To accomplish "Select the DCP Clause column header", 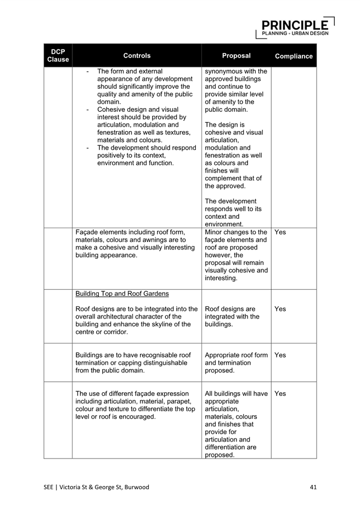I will click(58, 55).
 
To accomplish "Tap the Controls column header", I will click(137, 55).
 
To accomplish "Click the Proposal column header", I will click(236, 55).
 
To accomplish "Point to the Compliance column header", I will click(294, 56).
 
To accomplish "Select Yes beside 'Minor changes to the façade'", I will click(280, 232).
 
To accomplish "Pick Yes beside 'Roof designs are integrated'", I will click(280, 309).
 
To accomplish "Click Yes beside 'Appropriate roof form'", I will click(280, 355).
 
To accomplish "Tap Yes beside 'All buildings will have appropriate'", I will click(280, 393).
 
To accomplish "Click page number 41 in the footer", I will click(313, 487).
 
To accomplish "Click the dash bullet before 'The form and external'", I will click(88, 71).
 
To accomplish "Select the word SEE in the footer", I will click(50, 487).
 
